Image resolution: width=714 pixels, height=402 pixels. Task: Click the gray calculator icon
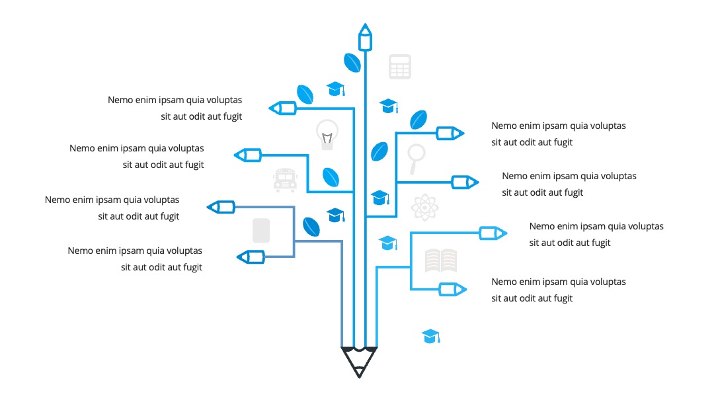[400, 67]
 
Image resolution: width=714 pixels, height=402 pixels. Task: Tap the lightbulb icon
[327, 135]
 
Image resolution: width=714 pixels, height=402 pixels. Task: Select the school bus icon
[285, 180]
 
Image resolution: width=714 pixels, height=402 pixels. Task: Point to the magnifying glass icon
[416, 158]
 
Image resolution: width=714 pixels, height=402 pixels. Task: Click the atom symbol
[424, 207]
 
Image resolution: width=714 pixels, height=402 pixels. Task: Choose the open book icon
[441, 261]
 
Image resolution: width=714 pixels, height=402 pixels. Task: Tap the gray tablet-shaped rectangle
[261, 230]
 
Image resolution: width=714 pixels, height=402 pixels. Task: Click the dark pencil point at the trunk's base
[359, 362]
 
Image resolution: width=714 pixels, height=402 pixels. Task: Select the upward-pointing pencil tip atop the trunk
[365, 37]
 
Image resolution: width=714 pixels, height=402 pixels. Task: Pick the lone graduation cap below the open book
[431, 337]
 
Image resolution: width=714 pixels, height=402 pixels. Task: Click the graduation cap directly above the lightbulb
[336, 89]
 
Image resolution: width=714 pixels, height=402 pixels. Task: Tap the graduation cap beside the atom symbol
[380, 198]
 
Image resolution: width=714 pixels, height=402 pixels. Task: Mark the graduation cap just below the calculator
[389, 106]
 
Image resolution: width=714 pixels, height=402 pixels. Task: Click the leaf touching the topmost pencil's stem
[352, 62]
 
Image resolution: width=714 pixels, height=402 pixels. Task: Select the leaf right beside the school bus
[331, 177]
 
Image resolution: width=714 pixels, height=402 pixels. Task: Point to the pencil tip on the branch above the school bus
[248, 155]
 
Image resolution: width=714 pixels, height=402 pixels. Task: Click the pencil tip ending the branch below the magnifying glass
[465, 182]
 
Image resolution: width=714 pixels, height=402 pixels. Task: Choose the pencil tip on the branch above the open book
[493, 233]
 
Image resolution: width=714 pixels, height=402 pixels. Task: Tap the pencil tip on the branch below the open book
[453, 289]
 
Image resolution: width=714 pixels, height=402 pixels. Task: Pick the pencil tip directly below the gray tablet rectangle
[251, 257]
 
